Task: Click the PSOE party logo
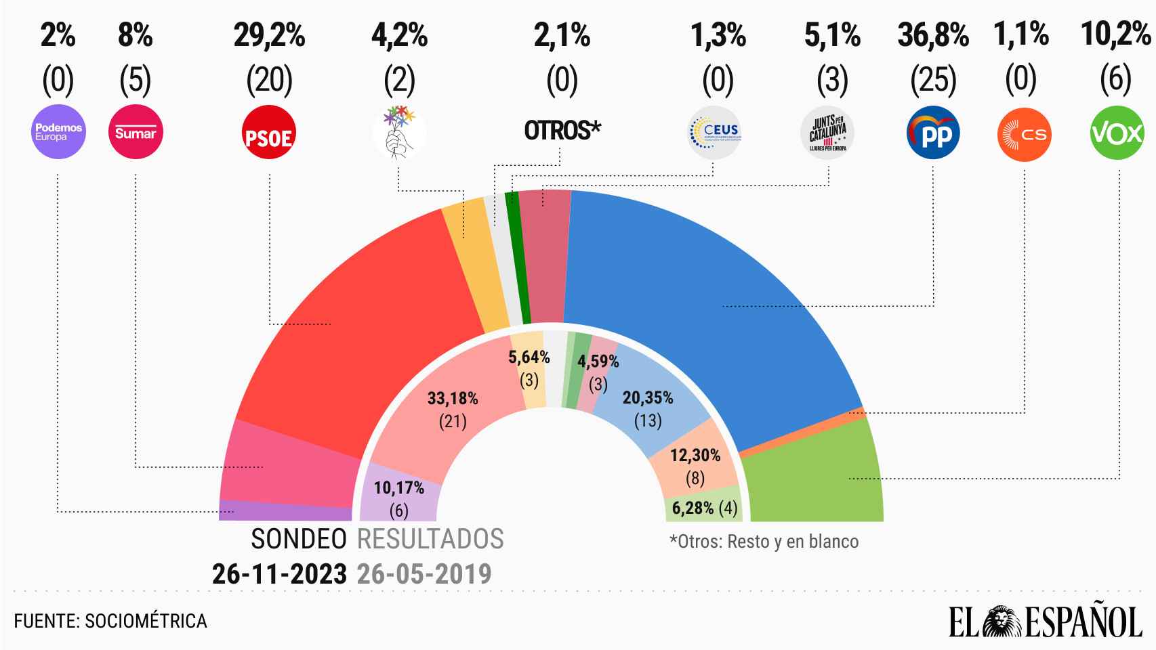[269, 133]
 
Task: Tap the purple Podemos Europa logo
[59, 133]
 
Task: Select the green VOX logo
[1117, 133]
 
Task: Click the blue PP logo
[933, 133]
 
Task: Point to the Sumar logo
[136, 133]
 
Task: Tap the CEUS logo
[714, 133]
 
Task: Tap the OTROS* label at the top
[562, 130]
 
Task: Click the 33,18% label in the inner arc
[453, 398]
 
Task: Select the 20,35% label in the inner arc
[648, 397]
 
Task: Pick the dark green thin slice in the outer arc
[514, 257]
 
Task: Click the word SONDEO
[299, 540]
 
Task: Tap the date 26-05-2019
[424, 574]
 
